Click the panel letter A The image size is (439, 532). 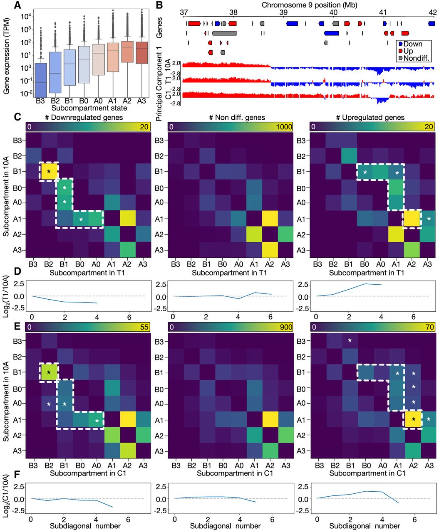17,5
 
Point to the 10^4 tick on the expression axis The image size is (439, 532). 25,17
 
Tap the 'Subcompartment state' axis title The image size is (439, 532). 89,108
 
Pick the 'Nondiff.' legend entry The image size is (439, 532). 414,58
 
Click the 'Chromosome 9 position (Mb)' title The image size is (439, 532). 310,5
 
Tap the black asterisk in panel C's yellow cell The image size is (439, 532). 49,172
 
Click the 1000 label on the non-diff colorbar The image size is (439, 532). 284,127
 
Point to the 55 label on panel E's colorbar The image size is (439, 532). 144,327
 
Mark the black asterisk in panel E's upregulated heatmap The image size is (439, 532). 414,420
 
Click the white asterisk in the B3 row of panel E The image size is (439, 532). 350,340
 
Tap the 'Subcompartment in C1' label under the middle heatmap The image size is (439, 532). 235,473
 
